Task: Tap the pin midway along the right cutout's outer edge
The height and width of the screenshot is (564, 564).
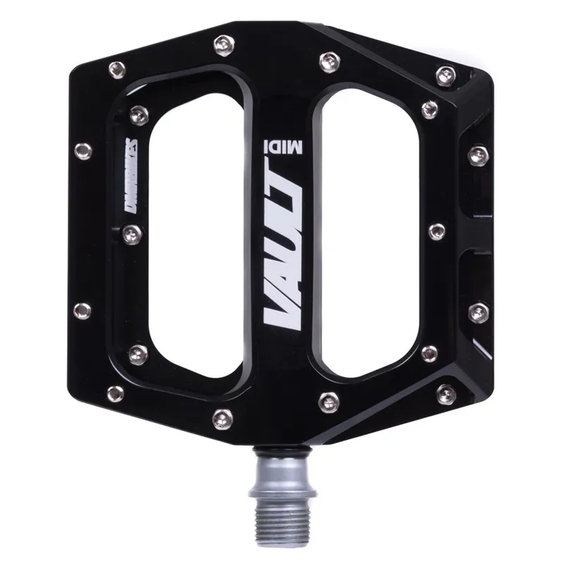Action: click(x=436, y=231)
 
